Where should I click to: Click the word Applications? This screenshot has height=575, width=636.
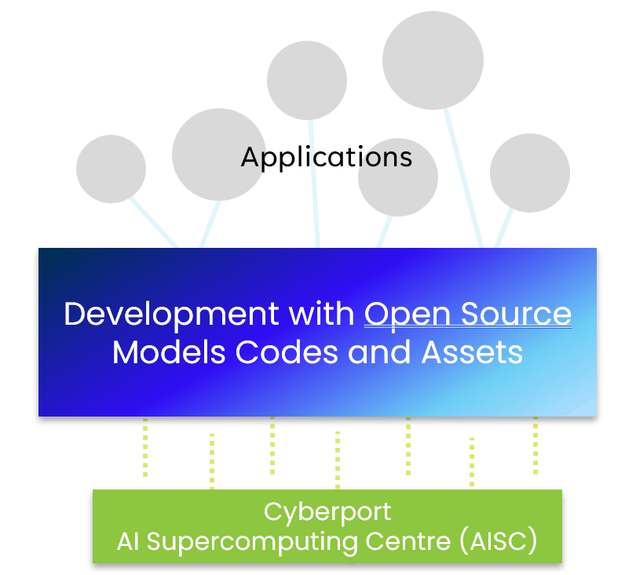click(x=327, y=157)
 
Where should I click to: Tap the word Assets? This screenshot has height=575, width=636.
click(x=472, y=352)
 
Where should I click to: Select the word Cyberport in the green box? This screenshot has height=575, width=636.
click(x=327, y=512)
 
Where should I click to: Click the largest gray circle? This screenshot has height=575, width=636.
click(x=433, y=60)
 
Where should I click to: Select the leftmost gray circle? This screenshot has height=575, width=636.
click(x=111, y=169)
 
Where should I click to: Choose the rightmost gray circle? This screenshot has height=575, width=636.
click(x=530, y=173)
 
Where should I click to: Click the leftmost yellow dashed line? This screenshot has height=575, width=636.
click(x=145, y=447)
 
